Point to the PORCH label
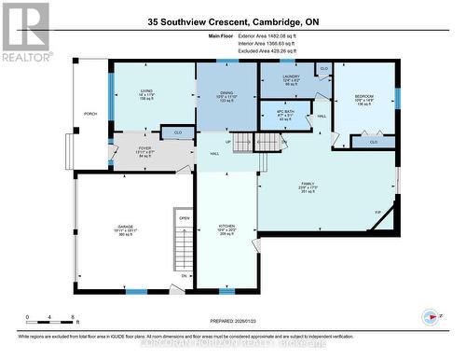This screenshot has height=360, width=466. pos(91,114)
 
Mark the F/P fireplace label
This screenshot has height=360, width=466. pos(377,213)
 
